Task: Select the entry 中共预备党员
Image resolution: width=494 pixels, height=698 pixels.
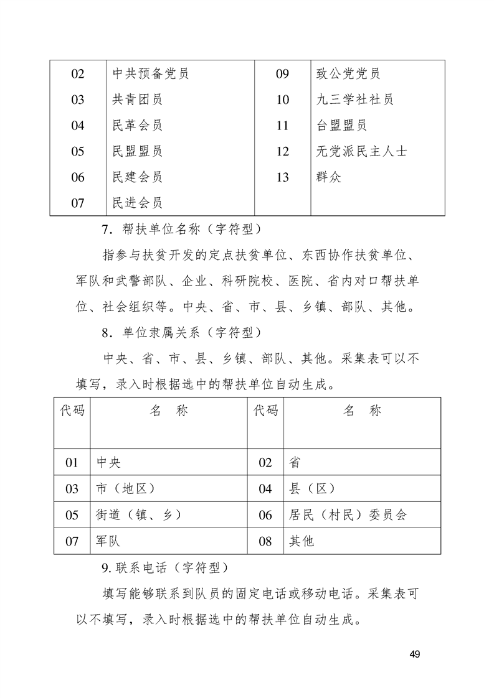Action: pos(150,74)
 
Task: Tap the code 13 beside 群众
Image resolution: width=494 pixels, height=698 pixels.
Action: pos(282,177)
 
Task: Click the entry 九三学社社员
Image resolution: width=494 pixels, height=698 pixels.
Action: pos(354,100)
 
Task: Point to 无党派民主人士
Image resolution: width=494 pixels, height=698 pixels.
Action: pos(362,151)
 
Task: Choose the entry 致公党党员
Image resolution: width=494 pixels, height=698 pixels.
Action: pos(348,74)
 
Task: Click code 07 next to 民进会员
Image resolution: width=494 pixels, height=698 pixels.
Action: pos(78,203)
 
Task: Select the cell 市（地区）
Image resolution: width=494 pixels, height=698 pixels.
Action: pos(126,488)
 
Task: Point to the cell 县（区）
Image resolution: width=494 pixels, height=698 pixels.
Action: pos(313,488)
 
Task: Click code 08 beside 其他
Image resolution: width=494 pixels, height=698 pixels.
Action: pos(265,541)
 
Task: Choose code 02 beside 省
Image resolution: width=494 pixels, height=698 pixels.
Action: pos(265,462)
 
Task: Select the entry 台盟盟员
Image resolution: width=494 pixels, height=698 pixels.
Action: pos(341,126)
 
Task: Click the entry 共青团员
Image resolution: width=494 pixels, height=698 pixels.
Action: pos(137,100)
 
